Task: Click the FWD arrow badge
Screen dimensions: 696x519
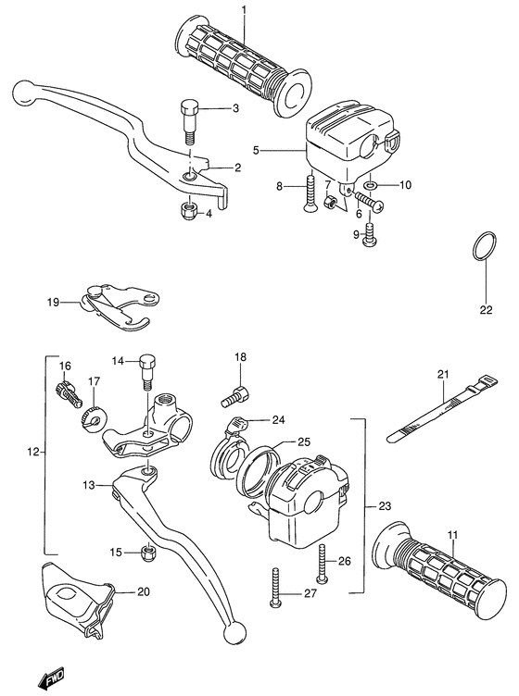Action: (x=48, y=681)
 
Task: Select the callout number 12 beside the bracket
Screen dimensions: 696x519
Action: (x=33, y=453)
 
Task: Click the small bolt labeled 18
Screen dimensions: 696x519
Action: (x=235, y=397)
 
